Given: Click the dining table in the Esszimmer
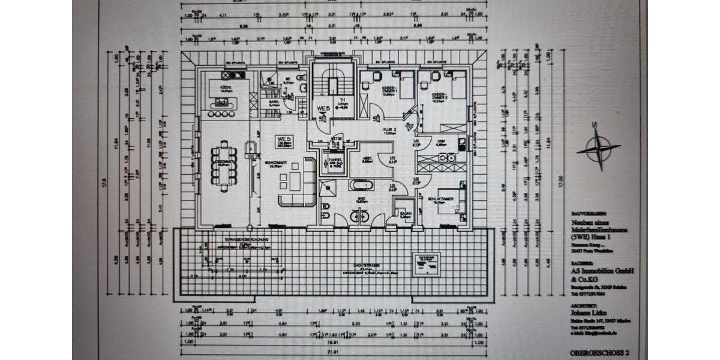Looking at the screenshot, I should tap(224, 165).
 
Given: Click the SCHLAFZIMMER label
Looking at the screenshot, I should tap(440, 199).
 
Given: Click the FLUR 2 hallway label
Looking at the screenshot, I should tap(391, 131).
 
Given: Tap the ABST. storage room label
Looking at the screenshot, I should tap(367, 158).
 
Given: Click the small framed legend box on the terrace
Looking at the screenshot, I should tap(427, 262).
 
